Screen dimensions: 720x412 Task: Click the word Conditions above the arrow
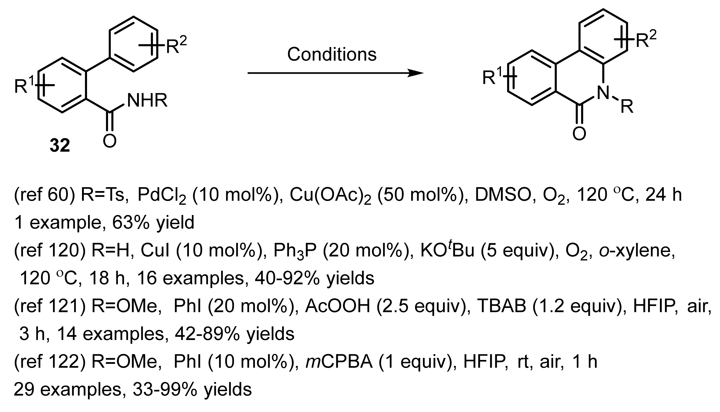[332, 54]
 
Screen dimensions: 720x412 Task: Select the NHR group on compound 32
[147, 100]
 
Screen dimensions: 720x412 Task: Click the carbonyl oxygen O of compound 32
[110, 141]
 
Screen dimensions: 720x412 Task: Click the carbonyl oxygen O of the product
[579, 134]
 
